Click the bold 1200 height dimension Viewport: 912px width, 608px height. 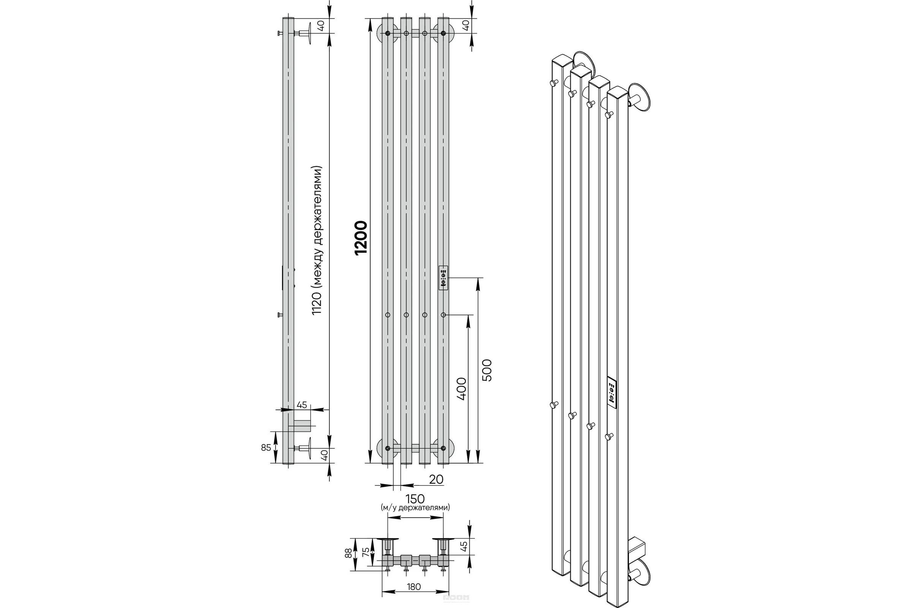pyautogui.click(x=361, y=237)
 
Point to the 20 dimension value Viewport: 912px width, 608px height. pyautogui.click(x=436, y=479)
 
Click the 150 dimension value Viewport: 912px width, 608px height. pyautogui.click(x=415, y=499)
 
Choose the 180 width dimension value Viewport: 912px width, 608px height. pyautogui.click(x=414, y=587)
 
